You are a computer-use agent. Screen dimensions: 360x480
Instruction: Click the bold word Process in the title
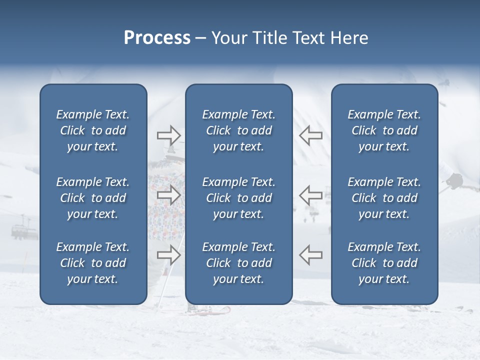click(x=157, y=38)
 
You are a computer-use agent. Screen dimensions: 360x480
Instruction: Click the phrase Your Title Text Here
click(x=289, y=38)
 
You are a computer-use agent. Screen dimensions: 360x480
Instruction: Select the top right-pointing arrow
click(x=168, y=135)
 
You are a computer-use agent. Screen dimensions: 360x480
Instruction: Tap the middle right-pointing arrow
click(x=168, y=195)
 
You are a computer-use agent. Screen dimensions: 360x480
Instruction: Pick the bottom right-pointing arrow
click(x=168, y=255)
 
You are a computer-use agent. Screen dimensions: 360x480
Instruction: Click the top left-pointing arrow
click(x=311, y=135)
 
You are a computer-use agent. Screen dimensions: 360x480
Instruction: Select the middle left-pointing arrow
click(x=311, y=195)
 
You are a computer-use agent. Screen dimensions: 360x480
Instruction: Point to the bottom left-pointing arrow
click(x=311, y=255)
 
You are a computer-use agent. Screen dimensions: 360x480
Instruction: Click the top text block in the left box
click(x=93, y=130)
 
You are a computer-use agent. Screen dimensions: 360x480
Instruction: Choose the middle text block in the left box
click(x=93, y=198)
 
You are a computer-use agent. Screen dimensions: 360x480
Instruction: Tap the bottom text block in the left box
click(x=93, y=263)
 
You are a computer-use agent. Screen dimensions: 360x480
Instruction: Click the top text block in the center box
click(x=238, y=130)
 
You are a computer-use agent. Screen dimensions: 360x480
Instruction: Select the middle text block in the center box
click(x=238, y=198)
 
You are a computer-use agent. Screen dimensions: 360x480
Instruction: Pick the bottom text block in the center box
click(x=238, y=263)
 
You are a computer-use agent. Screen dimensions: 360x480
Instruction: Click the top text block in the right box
click(x=384, y=130)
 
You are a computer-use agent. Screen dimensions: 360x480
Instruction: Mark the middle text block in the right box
click(x=384, y=198)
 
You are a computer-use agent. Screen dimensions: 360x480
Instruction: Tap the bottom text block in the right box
click(x=384, y=263)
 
